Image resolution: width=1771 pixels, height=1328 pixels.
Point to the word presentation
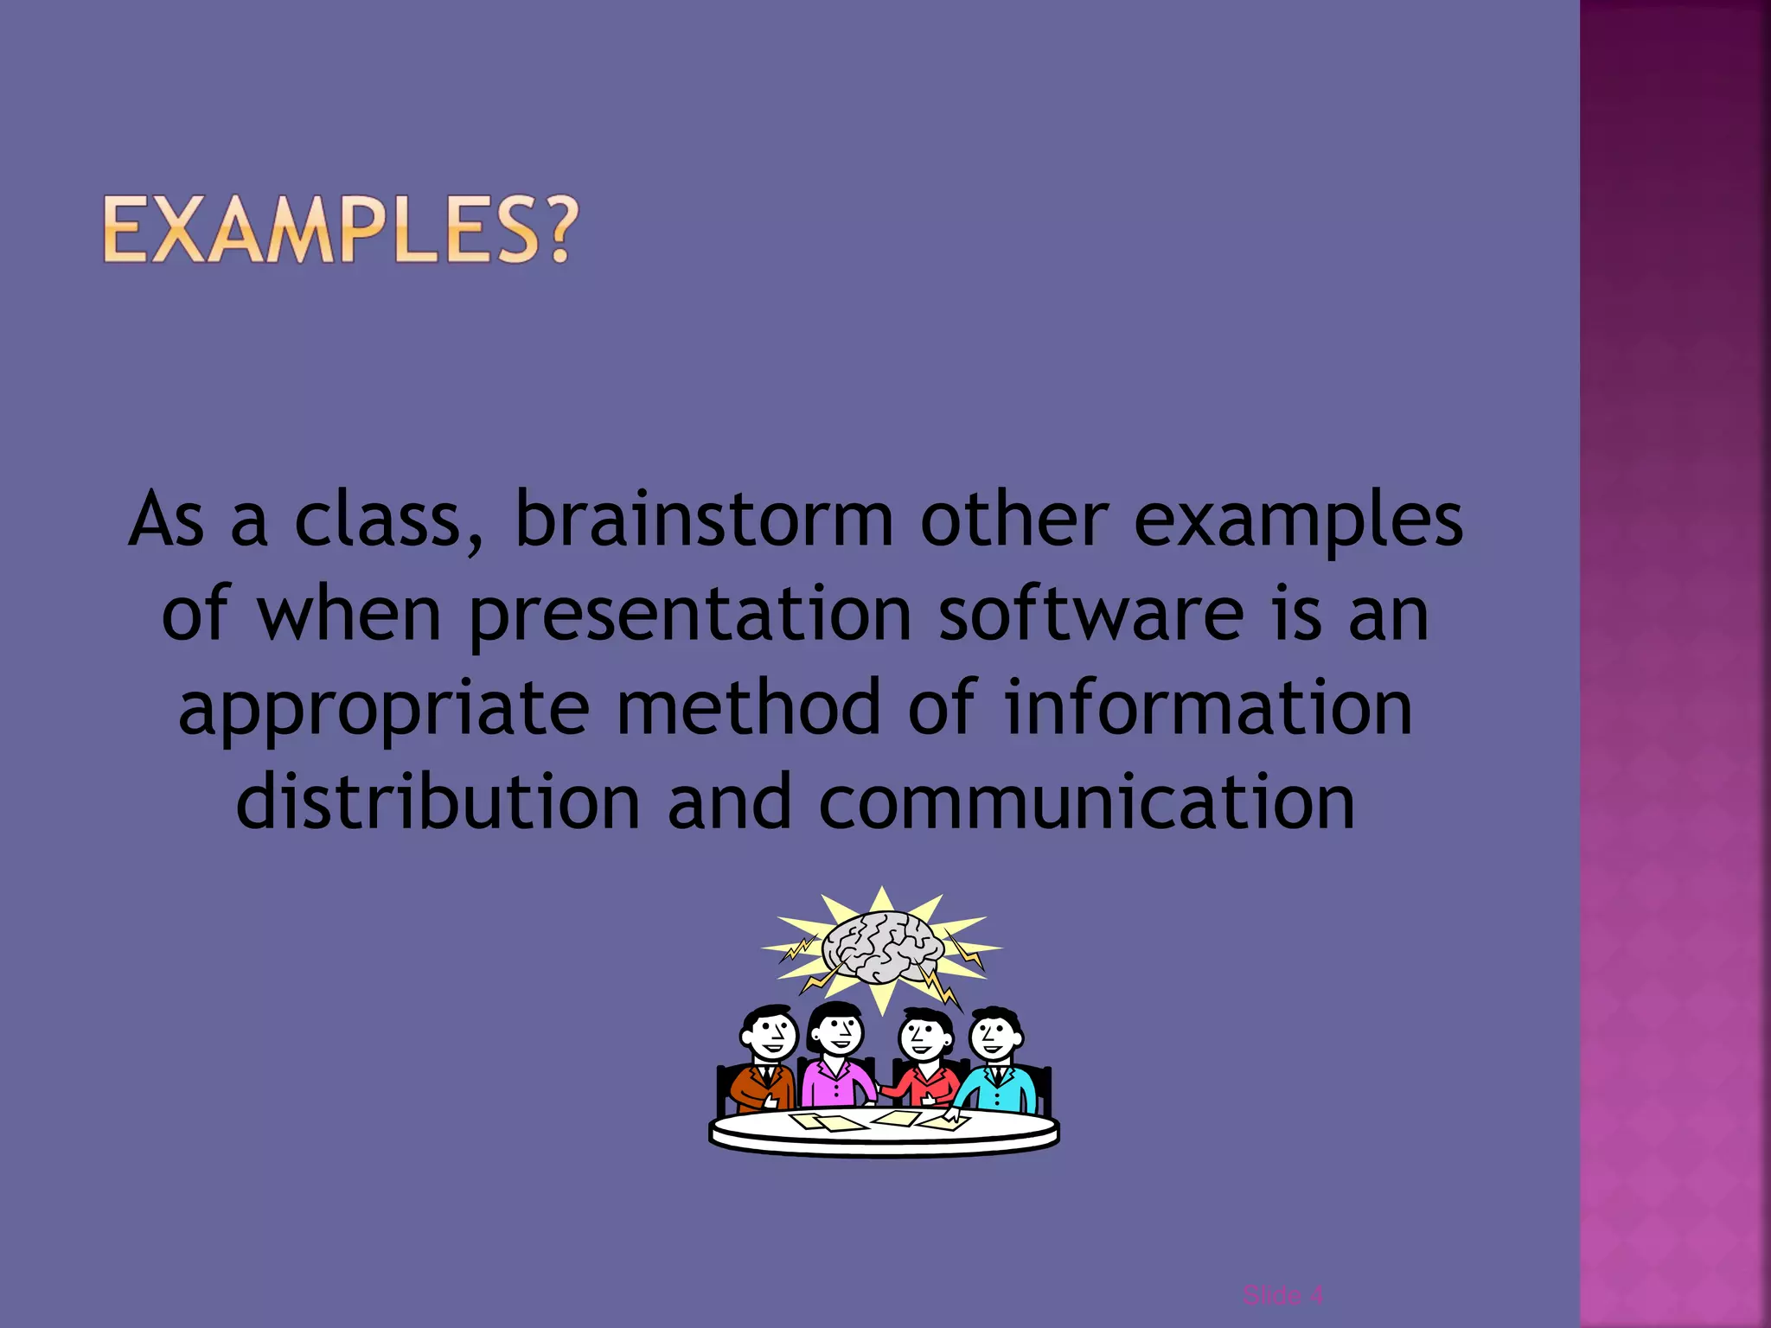point(690,616)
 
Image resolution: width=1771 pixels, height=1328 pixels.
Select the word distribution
point(438,801)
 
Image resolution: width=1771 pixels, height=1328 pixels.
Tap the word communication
point(1086,801)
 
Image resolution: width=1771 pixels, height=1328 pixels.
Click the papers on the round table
point(882,1121)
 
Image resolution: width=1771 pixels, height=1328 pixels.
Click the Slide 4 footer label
point(1282,1294)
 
